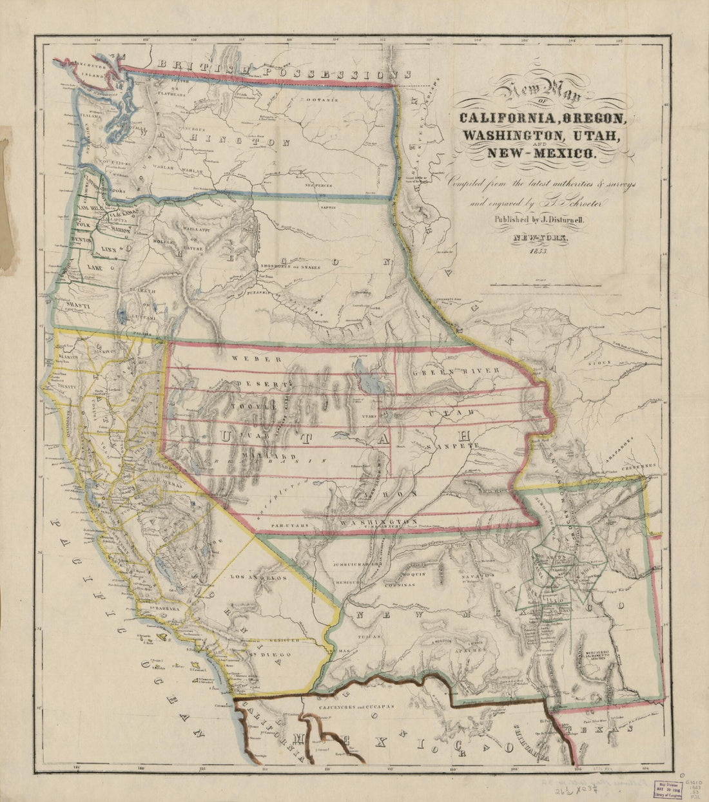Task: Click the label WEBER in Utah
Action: point(248,359)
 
